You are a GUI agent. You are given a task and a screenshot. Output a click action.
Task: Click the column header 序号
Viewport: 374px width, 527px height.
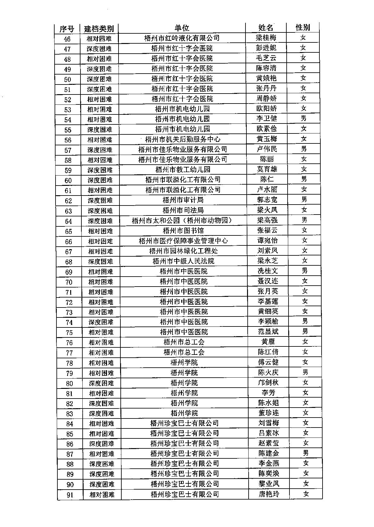[66, 29]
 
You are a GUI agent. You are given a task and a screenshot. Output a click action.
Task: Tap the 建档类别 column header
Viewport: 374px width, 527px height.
[99, 29]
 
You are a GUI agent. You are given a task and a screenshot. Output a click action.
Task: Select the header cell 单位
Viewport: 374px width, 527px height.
[182, 28]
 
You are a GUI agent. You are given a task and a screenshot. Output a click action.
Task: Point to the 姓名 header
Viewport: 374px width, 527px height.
[266, 27]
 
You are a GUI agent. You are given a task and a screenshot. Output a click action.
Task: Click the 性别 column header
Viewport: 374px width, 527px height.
[303, 27]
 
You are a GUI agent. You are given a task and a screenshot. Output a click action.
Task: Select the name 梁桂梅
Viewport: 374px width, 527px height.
[266, 38]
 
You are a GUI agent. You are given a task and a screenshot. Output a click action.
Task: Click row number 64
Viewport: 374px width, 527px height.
[68, 221]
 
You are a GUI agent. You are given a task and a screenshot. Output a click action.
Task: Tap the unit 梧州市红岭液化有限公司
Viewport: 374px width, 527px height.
[182, 38]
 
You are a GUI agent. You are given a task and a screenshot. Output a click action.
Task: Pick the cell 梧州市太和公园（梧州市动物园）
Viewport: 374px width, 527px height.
[182, 220]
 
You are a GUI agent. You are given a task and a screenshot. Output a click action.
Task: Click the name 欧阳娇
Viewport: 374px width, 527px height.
[266, 109]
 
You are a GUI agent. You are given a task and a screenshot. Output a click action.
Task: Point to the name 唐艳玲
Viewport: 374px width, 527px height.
[269, 494]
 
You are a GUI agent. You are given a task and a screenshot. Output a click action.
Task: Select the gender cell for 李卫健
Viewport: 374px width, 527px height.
[304, 118]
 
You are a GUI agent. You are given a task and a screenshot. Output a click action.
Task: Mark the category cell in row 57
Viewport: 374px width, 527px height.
[100, 150]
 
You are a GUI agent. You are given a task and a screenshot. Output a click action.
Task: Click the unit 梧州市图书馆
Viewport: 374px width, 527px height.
[183, 231]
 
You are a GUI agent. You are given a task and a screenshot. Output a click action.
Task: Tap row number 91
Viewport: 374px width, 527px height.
[70, 495]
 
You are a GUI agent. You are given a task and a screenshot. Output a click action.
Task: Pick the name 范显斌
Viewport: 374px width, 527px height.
[268, 331]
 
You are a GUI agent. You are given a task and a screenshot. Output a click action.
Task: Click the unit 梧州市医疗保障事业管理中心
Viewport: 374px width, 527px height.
[183, 241]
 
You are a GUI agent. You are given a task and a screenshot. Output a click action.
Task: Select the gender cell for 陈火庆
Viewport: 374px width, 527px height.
[305, 372]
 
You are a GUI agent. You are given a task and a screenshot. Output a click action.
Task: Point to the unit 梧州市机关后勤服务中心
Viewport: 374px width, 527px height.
[182, 139]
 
